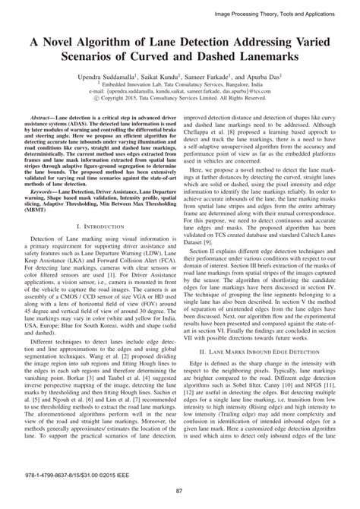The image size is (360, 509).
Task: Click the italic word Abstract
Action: (43, 120)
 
